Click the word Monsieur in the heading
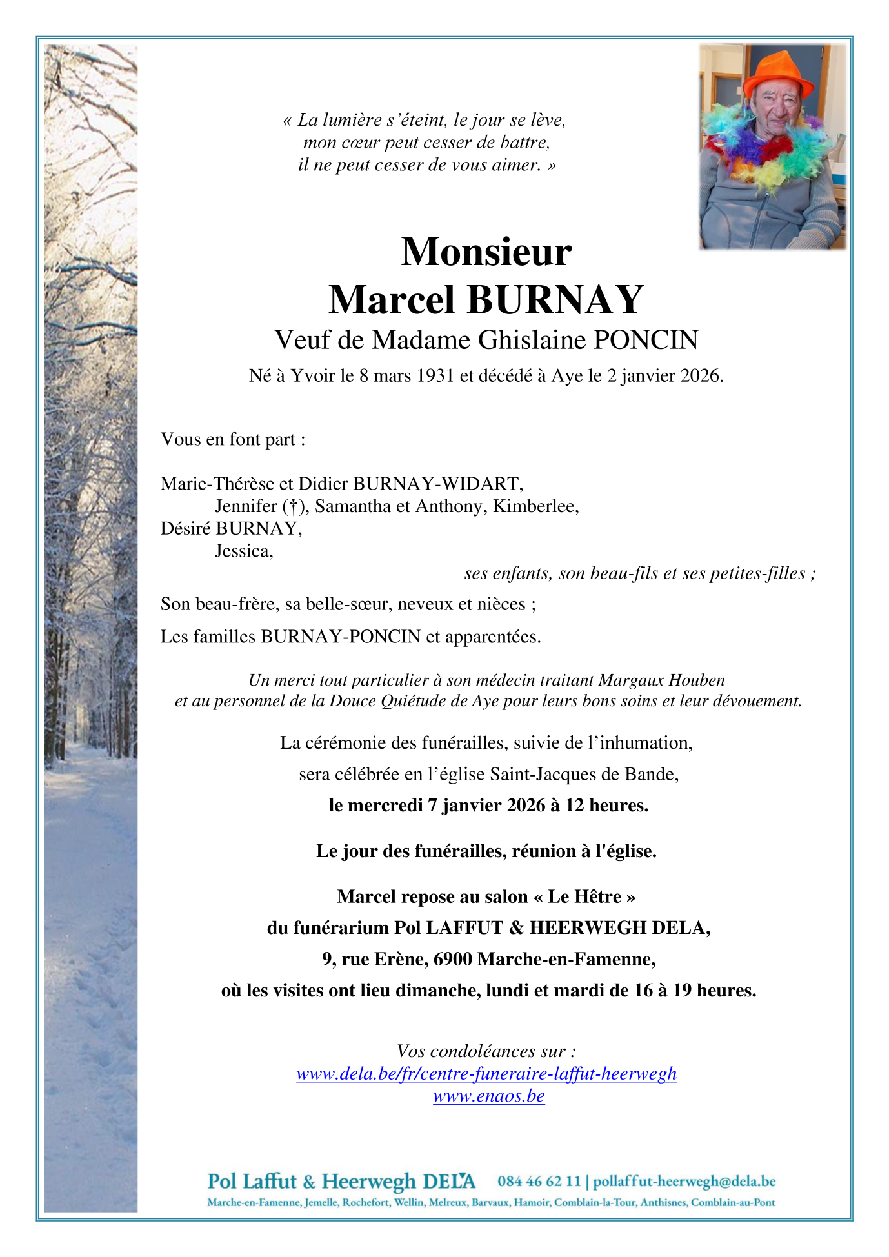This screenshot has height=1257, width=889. pyautogui.click(x=486, y=252)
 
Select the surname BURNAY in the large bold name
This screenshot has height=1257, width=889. pyautogui.click(x=555, y=299)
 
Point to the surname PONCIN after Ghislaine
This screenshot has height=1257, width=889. pyautogui.click(x=645, y=340)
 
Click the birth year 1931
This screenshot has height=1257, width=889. pyautogui.click(x=435, y=375)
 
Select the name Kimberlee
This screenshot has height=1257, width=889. pyautogui.click(x=536, y=506)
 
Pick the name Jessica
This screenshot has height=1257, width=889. pyautogui.click(x=244, y=551)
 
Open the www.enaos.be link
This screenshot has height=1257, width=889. pyautogui.click(x=488, y=1096)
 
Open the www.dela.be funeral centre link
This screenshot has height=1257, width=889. pyautogui.click(x=486, y=1073)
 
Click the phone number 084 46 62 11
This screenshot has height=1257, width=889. pyautogui.click(x=539, y=1182)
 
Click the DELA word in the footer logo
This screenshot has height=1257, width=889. pyautogui.click(x=449, y=1182)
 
